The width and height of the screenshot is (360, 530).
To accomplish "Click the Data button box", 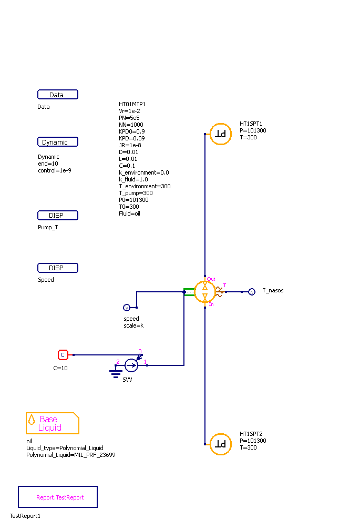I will (x=58, y=95).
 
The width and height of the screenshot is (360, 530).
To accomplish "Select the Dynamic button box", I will (x=58, y=142).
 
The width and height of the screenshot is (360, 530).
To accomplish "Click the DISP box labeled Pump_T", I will (x=58, y=215).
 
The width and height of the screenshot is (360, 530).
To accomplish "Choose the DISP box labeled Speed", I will (x=58, y=268).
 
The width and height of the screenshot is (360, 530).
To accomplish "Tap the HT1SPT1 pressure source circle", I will (x=221, y=134).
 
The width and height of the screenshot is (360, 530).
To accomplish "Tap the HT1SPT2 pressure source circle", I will (x=221, y=444).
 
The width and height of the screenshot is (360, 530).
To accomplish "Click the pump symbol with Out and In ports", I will (x=205, y=292).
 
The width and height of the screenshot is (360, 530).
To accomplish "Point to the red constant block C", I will (x=63, y=355).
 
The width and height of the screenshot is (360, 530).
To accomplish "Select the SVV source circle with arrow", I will (x=131, y=365).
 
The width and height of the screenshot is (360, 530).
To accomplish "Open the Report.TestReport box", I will (x=58, y=497).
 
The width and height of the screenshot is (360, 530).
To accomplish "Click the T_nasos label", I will (x=273, y=290).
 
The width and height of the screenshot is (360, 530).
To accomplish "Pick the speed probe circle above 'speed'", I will (x=126, y=308).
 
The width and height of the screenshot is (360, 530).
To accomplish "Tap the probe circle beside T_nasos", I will (x=251, y=292).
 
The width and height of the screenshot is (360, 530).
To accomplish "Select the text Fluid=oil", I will (x=130, y=213).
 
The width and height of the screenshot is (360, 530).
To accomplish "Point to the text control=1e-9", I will (x=54, y=170).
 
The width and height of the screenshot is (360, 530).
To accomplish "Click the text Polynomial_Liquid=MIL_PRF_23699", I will (x=71, y=455).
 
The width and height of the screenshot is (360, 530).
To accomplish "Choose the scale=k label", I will (x=133, y=325).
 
